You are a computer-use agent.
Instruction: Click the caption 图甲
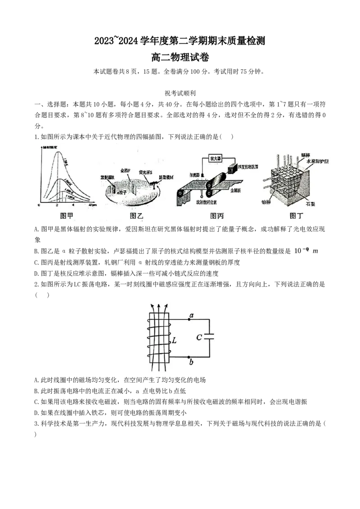(x=67, y=216)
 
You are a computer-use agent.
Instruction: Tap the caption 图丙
(x=217, y=216)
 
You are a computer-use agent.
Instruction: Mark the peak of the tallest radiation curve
(x=57, y=152)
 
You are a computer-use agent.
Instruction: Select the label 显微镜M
(x=166, y=178)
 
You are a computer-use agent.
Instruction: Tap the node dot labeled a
(x=189, y=320)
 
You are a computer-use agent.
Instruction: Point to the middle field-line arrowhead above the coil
(x=157, y=305)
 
